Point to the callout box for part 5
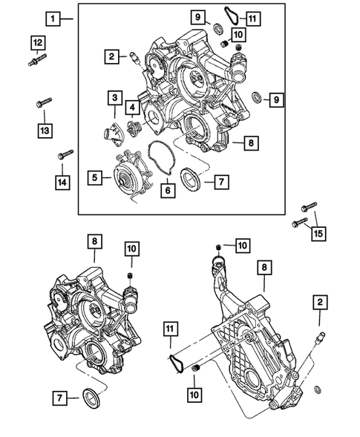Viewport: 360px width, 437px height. click(95, 177)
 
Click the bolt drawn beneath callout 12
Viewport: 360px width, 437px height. click(38, 62)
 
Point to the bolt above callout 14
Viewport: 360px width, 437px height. click(64, 155)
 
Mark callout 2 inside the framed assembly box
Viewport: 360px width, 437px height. click(110, 55)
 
